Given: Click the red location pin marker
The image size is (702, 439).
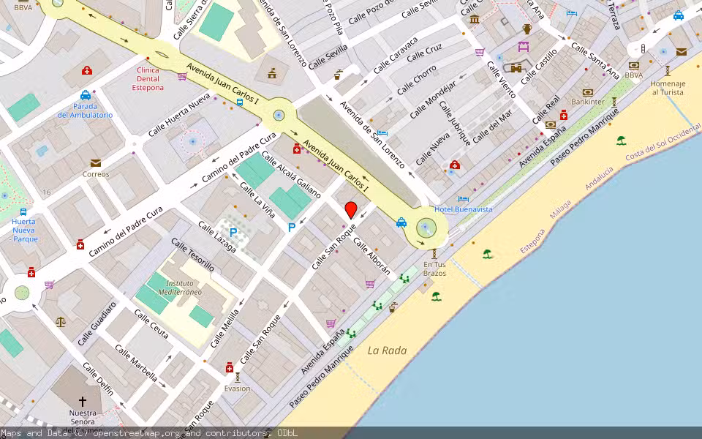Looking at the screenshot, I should click(x=351, y=211).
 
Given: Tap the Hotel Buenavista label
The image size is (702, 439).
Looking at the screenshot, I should click(x=463, y=209).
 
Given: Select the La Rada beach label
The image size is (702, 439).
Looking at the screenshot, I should click(x=387, y=350).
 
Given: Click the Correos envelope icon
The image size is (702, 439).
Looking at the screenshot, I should click(x=96, y=163).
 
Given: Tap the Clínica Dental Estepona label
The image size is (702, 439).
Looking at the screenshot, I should click(x=148, y=79).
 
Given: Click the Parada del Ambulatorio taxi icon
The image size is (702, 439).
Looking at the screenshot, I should click(x=86, y=95).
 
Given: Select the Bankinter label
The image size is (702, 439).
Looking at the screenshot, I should click(x=589, y=102).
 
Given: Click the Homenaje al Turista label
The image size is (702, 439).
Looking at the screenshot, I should click(x=668, y=88).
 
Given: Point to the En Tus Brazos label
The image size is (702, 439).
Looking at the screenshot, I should click(x=434, y=269).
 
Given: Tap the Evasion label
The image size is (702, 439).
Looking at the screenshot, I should click(x=237, y=389).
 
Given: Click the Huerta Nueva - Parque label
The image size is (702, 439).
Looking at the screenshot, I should click(x=24, y=230).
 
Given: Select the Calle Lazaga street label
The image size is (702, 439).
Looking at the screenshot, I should click(x=217, y=236).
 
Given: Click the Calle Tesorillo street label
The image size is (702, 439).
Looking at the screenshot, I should click(x=192, y=255).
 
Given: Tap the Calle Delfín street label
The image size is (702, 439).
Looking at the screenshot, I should click(x=98, y=379).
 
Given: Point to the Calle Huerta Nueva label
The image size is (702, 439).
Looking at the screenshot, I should click(x=179, y=119).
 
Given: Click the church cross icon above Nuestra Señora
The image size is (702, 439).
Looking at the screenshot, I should click(x=83, y=402).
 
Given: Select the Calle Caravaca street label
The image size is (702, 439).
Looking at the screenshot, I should click(x=396, y=55).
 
